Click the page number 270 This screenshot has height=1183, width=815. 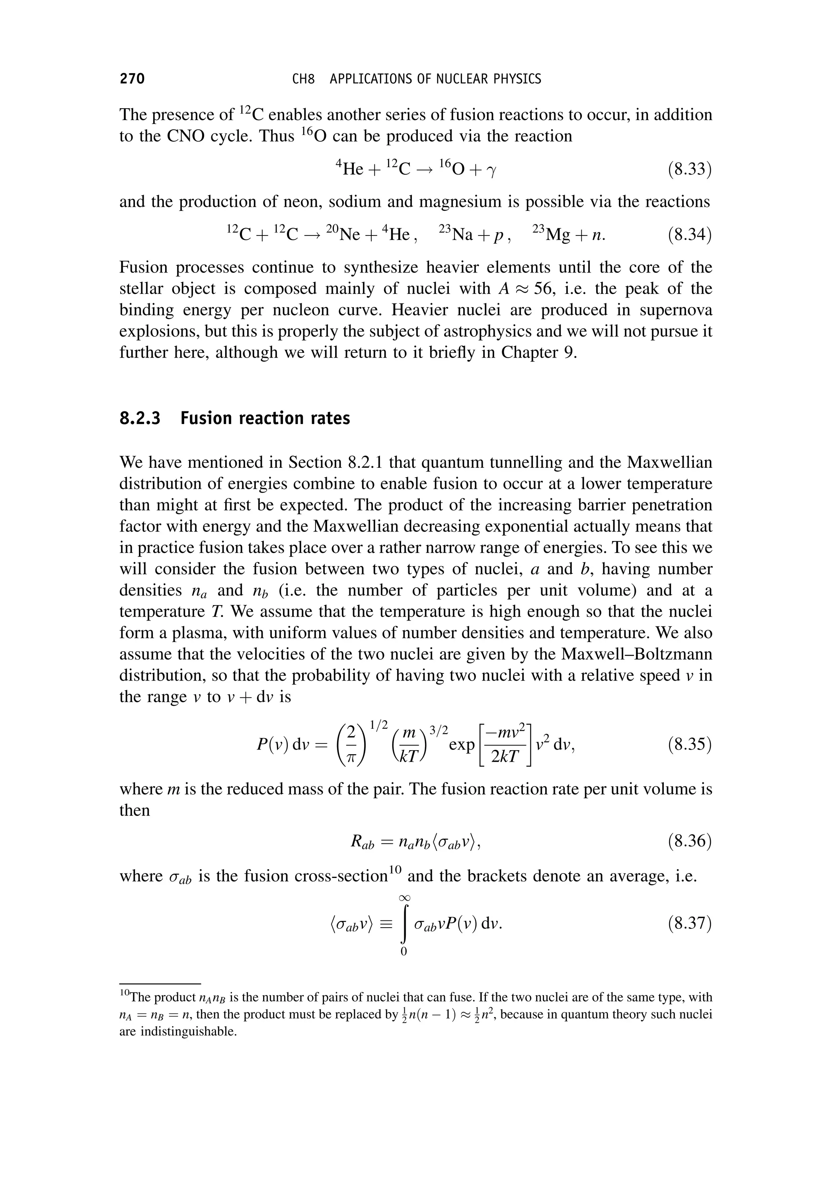[x=132, y=79]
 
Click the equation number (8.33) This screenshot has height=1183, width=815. [x=689, y=169]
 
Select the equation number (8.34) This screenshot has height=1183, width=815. [x=689, y=235]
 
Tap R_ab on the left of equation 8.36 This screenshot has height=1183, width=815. [x=362, y=842]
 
